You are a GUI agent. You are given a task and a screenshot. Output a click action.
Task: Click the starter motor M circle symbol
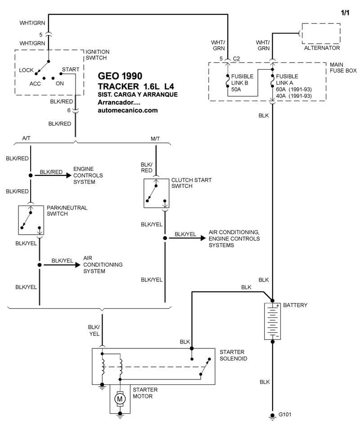click(120, 398)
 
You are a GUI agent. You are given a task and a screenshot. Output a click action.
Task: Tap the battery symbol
click(272, 321)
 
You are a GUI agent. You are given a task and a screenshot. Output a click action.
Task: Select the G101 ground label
click(285, 414)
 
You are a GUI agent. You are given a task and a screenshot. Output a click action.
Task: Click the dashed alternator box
click(321, 34)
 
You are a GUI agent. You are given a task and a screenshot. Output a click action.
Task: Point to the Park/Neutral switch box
click(31, 220)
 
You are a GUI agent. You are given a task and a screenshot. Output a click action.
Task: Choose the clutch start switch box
click(157, 193)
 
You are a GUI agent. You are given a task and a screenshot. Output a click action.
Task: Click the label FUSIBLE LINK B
click(242, 80)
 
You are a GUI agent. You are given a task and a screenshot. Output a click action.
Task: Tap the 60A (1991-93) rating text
click(294, 89)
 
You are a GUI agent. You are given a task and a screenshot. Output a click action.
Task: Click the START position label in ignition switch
click(71, 70)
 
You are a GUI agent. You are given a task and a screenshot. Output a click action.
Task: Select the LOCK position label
click(26, 70)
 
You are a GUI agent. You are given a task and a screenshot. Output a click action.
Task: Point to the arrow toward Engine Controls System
click(53, 175)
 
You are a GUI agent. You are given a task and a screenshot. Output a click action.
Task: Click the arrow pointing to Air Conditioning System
click(62, 265)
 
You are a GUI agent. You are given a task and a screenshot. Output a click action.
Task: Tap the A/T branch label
click(26, 138)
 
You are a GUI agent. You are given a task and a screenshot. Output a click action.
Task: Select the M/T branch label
click(155, 139)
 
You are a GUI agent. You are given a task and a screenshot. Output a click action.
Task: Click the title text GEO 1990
click(120, 76)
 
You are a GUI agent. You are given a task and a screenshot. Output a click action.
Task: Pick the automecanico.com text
click(128, 110)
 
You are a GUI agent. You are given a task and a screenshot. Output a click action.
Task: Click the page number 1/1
click(345, 13)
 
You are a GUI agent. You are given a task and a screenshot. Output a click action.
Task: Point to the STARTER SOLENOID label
click(233, 355)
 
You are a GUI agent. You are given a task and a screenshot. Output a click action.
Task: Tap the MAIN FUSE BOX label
click(343, 67)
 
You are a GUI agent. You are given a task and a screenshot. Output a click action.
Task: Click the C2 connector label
click(236, 59)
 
